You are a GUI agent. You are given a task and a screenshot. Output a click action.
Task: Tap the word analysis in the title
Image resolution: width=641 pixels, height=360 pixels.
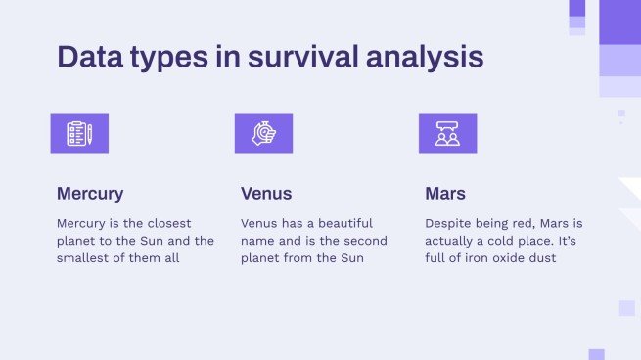point(425,57)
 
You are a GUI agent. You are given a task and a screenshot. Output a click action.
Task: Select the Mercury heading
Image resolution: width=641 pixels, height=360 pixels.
point(90,194)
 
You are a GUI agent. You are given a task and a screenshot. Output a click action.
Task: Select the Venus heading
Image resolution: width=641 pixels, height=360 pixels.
point(266,194)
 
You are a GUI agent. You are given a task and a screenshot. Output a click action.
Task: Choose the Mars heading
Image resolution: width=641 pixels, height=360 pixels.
point(445,194)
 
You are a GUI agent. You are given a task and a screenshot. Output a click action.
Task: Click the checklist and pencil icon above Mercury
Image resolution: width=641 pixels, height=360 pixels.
point(79,134)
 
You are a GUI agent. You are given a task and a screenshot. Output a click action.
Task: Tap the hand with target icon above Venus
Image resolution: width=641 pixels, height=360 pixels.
point(263,134)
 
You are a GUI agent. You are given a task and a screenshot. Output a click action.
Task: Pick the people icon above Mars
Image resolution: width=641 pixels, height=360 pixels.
point(447,134)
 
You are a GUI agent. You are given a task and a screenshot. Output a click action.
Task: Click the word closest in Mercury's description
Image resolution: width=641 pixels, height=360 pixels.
point(167,223)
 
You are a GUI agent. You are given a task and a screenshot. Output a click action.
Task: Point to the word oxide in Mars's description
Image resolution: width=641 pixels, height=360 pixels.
point(507,258)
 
